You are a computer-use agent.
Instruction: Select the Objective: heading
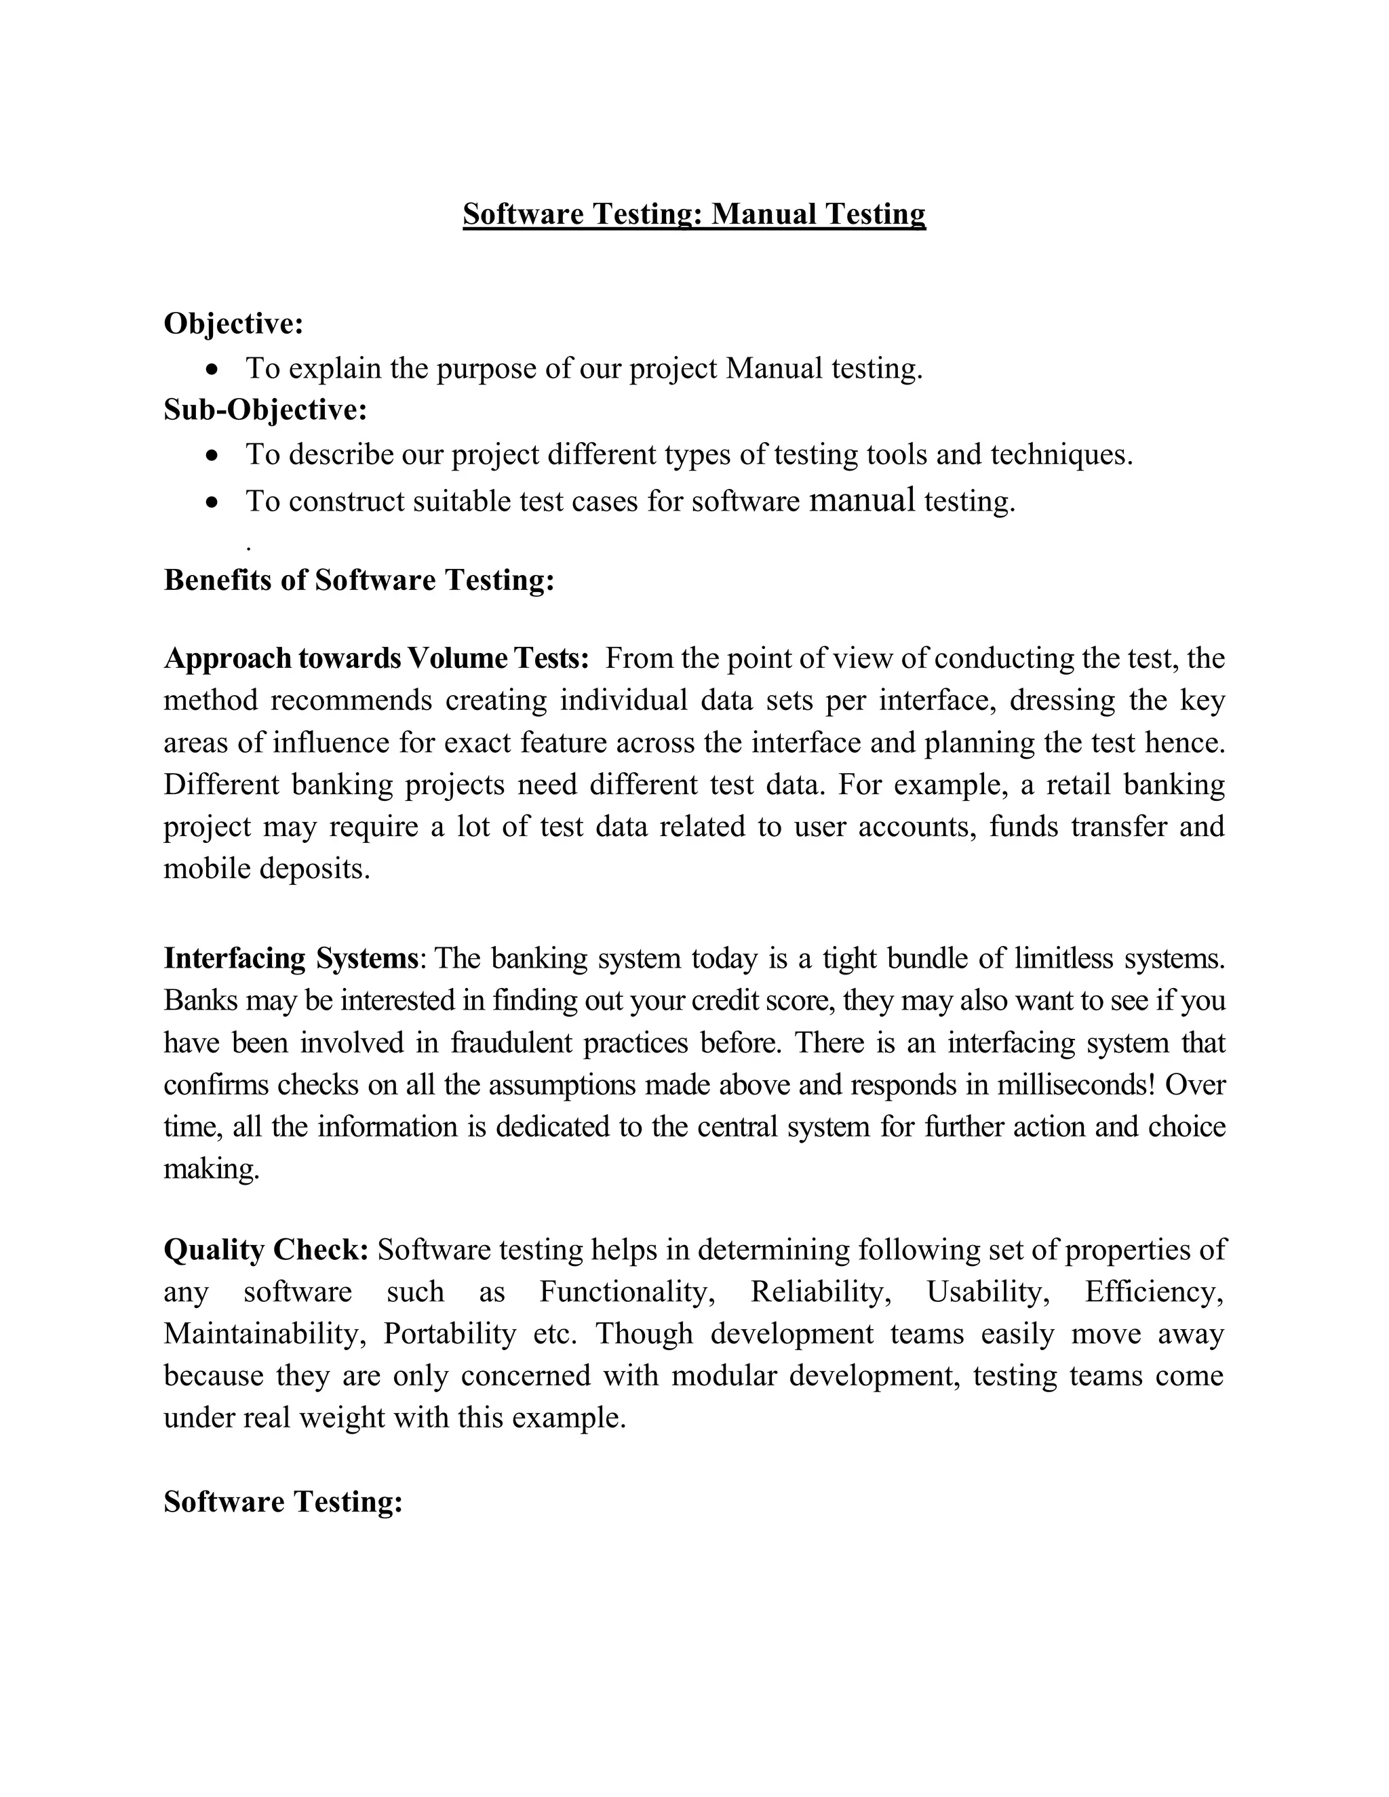(x=234, y=323)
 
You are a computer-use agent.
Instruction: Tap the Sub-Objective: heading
(x=265, y=409)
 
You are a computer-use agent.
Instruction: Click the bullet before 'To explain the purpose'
(x=213, y=370)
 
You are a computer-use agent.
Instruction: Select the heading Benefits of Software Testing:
(x=359, y=580)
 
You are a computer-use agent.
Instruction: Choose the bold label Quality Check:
(x=266, y=1250)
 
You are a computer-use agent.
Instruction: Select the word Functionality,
(x=627, y=1292)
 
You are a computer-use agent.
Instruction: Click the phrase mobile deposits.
(x=267, y=869)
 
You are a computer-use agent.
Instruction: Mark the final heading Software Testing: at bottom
(x=283, y=1501)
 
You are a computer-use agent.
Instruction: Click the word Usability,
(x=987, y=1292)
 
